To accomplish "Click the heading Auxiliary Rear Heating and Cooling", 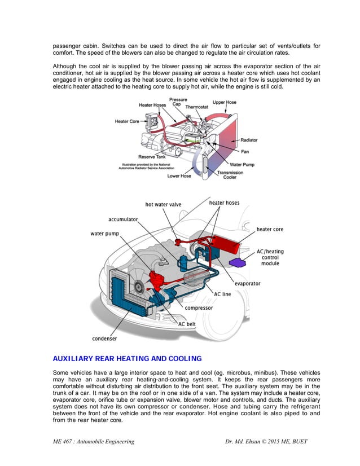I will coord(127,358).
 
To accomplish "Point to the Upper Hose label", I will coord(224,102).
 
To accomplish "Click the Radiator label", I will coord(249,140).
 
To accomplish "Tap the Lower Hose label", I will coord(179,176).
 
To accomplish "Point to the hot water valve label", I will coord(163,204).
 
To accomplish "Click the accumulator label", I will coord(123,219).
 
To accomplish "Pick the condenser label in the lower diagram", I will coord(104,338).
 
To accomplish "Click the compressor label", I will coord(199,308).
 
